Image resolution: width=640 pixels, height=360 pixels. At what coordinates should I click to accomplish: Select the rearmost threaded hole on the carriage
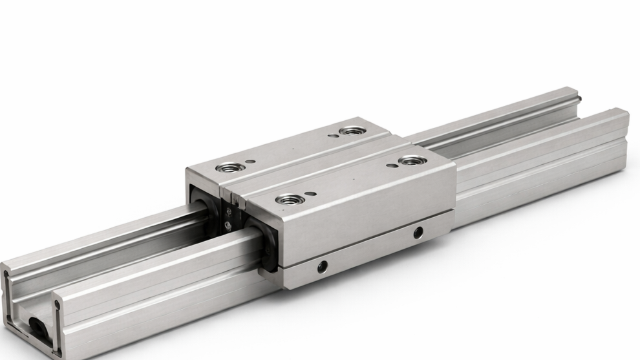352,131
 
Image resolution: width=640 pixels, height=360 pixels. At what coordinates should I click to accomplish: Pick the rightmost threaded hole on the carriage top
410,160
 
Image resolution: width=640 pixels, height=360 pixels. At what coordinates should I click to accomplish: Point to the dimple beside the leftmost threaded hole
251,162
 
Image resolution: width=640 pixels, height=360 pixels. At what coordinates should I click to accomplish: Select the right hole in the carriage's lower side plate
418,232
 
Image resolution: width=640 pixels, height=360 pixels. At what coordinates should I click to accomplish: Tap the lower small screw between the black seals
228,225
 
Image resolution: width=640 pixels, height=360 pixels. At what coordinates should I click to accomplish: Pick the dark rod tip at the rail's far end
581,98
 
